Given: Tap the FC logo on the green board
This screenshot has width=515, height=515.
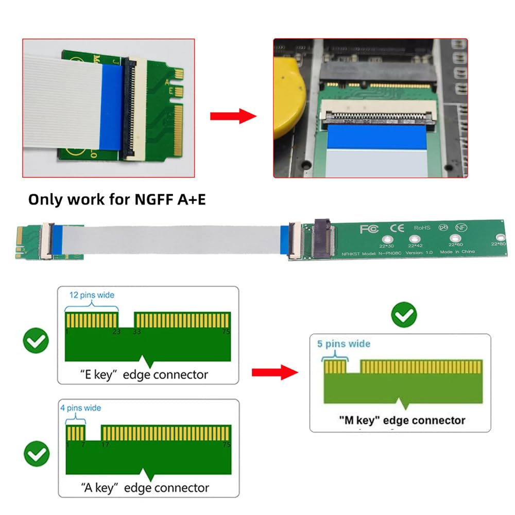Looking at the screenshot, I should (x=369, y=228).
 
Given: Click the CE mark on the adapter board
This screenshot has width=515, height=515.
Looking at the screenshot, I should (x=397, y=227).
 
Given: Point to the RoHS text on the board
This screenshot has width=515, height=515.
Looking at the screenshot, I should (x=422, y=227).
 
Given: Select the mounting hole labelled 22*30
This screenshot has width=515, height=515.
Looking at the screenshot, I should (x=387, y=239).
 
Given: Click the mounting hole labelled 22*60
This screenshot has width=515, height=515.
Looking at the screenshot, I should (x=455, y=238).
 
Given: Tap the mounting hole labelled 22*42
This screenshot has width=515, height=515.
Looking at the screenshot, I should (x=414, y=239).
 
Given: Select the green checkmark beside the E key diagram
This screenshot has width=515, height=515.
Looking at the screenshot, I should (x=36, y=340).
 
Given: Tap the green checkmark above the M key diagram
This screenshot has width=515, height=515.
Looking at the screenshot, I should (x=404, y=315).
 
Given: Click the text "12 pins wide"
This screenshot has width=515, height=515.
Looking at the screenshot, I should (x=92, y=295).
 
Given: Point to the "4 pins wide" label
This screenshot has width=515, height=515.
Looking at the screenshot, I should (x=81, y=408).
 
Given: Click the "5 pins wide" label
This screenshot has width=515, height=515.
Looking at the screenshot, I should (x=344, y=344).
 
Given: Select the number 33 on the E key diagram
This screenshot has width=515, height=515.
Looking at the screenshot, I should (x=137, y=332).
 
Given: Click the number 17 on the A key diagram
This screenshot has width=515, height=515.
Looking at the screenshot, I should (x=106, y=444).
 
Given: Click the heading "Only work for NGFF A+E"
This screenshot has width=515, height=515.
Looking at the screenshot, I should (x=117, y=199).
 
